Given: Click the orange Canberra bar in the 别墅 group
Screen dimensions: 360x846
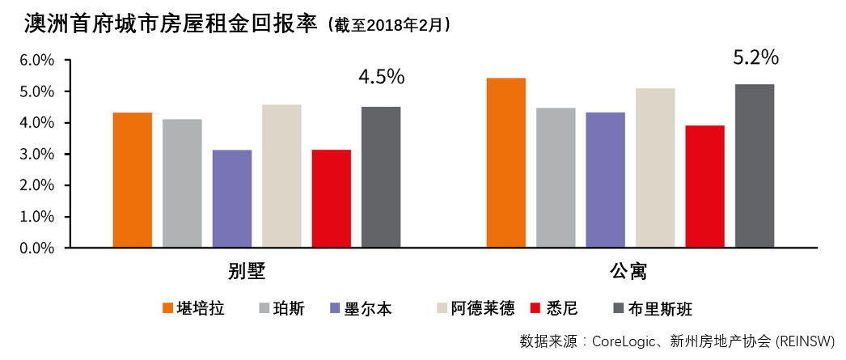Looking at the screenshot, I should click(x=133, y=180).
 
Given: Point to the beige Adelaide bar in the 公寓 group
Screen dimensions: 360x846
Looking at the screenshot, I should click(x=655, y=167).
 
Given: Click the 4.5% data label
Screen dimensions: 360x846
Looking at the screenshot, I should click(x=381, y=77).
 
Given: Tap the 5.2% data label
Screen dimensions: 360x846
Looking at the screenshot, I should click(x=755, y=57).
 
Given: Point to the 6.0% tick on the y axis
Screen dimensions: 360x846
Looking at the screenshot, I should click(x=36, y=61).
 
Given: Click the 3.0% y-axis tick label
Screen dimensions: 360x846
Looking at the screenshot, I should click(x=36, y=155).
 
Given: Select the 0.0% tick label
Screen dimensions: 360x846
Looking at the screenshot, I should click(x=36, y=248).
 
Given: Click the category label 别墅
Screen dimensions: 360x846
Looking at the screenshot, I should click(x=246, y=270).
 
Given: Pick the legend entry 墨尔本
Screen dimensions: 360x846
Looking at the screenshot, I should click(x=367, y=309).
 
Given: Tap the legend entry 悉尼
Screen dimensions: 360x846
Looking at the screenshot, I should click(x=560, y=309).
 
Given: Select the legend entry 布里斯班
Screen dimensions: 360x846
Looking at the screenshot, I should click(x=662, y=309).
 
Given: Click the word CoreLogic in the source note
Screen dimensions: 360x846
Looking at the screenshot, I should click(x=628, y=341).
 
